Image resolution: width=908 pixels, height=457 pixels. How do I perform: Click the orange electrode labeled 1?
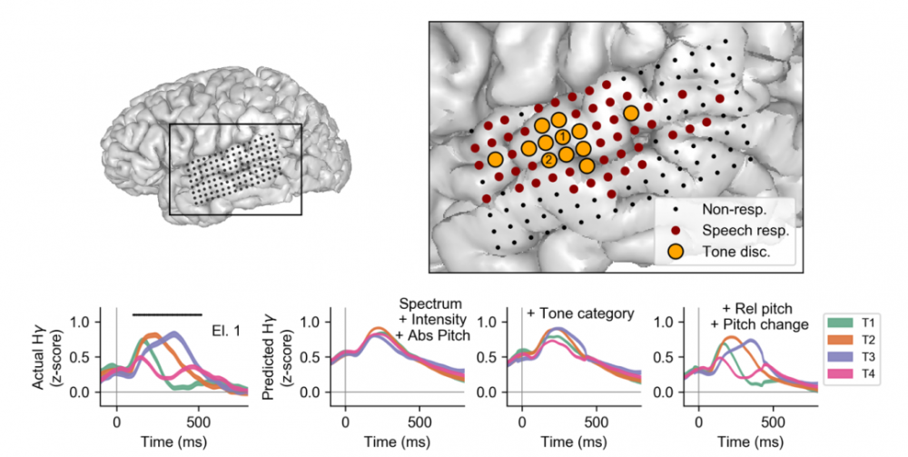click(563, 136)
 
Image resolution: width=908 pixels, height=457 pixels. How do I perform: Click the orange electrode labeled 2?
click(548, 160)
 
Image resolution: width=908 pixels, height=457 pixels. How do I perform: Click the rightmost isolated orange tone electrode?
click(630, 114)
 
